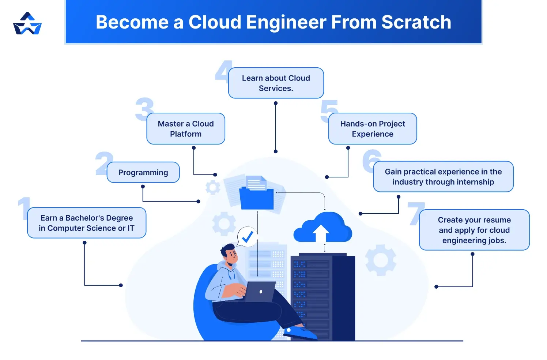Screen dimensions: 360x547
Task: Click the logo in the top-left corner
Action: tap(27, 24)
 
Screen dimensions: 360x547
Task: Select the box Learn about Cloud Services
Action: tap(276, 83)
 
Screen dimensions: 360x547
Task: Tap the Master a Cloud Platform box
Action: tap(186, 129)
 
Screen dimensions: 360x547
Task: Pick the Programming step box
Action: tap(143, 173)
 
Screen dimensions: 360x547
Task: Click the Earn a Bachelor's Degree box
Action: tap(87, 223)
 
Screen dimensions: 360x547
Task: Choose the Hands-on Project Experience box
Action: tap(372, 129)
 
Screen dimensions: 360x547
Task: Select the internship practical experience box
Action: tap(443, 177)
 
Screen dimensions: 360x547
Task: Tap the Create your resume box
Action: tap(474, 230)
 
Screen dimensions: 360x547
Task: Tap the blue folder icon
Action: tap(256, 198)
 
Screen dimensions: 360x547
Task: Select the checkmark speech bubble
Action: tap(247, 237)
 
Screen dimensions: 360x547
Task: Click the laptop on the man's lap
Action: tap(260, 292)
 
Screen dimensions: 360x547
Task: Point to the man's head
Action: tap(229, 254)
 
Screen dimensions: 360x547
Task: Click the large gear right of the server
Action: tap(381, 260)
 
